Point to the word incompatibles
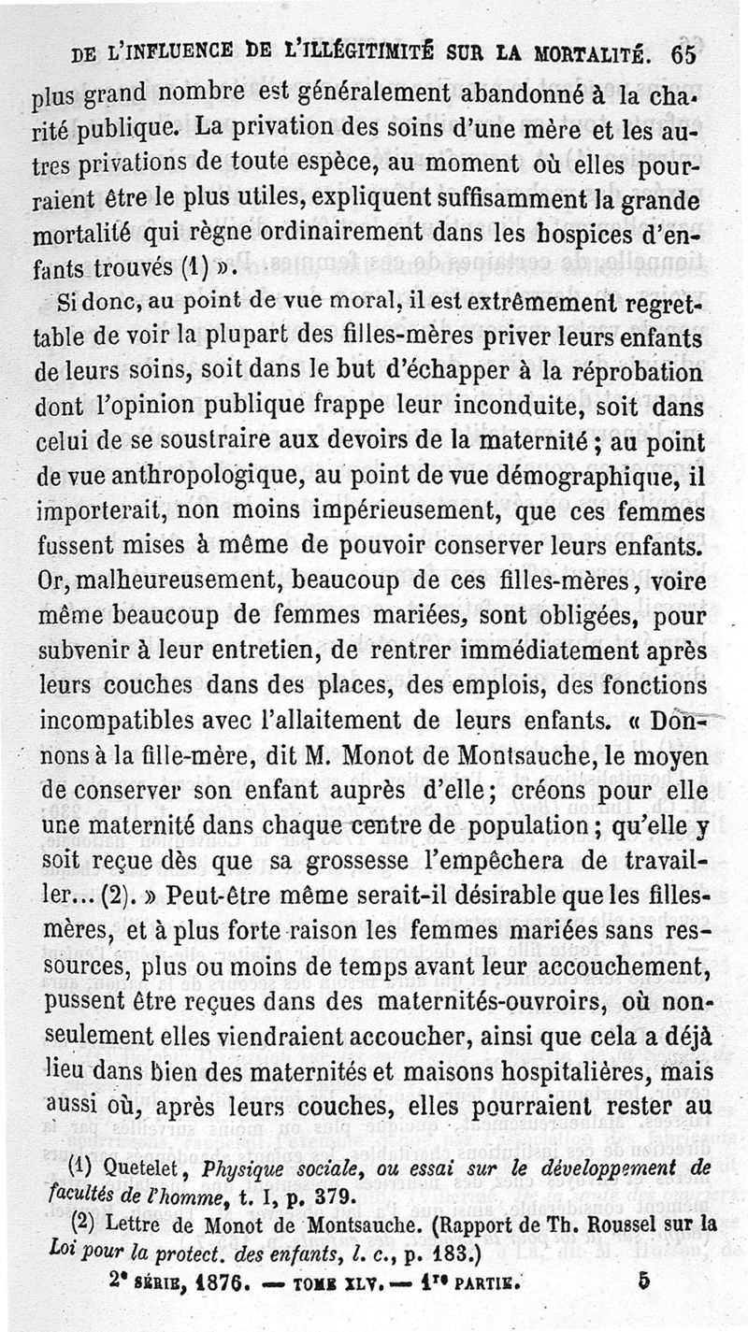(119, 721)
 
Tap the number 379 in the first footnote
(331, 1195)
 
